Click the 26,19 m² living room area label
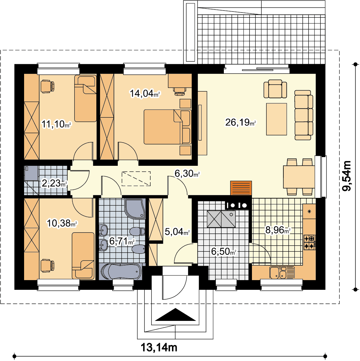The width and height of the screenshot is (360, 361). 241,122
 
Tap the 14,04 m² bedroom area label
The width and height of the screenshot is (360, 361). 145,93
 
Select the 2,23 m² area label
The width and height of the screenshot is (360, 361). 55,183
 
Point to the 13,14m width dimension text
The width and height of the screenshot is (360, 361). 159,347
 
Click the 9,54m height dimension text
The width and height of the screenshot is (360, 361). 347,176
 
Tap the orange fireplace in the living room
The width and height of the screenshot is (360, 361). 241,188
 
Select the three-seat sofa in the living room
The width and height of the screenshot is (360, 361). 303,115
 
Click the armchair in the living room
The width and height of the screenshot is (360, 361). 275,89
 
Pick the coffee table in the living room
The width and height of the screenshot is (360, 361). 277,119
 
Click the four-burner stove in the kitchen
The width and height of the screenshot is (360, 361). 309,242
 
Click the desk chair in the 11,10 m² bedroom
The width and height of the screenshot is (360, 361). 48,87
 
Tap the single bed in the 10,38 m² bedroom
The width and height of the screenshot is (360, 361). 83,256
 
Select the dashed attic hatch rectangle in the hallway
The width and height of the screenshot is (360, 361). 136,178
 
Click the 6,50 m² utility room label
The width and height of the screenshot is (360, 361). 223,252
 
